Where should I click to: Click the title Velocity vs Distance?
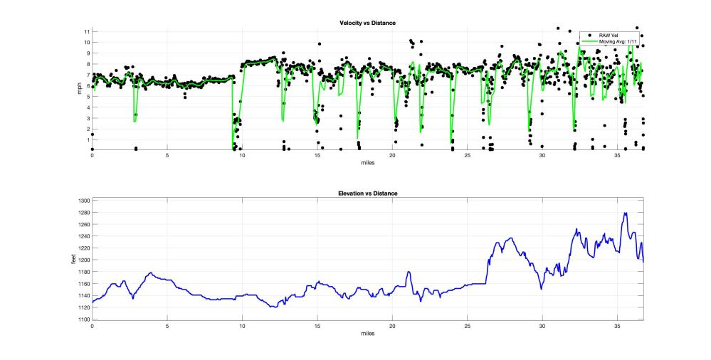(x=367, y=23)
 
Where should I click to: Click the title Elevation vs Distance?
(x=367, y=194)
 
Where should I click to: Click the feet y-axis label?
(x=74, y=260)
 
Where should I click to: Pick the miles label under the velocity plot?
(x=367, y=162)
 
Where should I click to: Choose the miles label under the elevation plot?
(x=367, y=332)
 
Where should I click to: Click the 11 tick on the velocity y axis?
(x=86, y=32)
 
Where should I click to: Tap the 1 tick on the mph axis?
(x=88, y=139)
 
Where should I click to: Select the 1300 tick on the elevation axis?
(x=83, y=201)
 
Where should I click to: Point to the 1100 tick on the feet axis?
(x=83, y=319)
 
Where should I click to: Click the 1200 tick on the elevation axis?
(x=83, y=260)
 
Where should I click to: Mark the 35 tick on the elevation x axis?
(x=617, y=326)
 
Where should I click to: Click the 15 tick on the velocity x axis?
(x=317, y=156)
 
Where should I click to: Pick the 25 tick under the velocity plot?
(x=467, y=156)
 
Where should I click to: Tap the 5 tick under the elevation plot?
(x=167, y=326)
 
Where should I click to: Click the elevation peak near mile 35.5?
(x=625, y=213)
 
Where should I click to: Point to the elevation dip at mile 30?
(x=542, y=289)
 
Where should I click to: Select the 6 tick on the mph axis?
(x=88, y=86)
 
